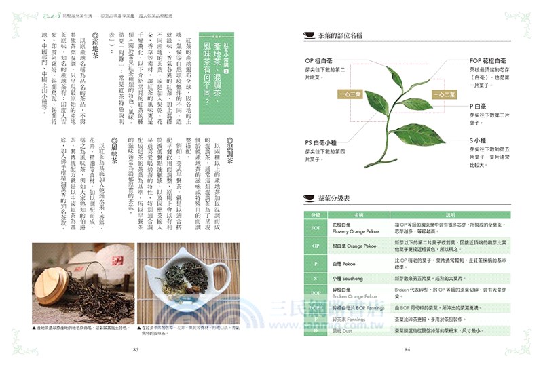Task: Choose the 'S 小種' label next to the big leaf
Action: click(x=482, y=140)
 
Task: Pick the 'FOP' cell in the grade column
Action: click(x=297, y=227)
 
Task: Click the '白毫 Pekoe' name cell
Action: click(x=345, y=263)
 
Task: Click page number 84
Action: click(x=407, y=350)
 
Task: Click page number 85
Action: click(x=135, y=350)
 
